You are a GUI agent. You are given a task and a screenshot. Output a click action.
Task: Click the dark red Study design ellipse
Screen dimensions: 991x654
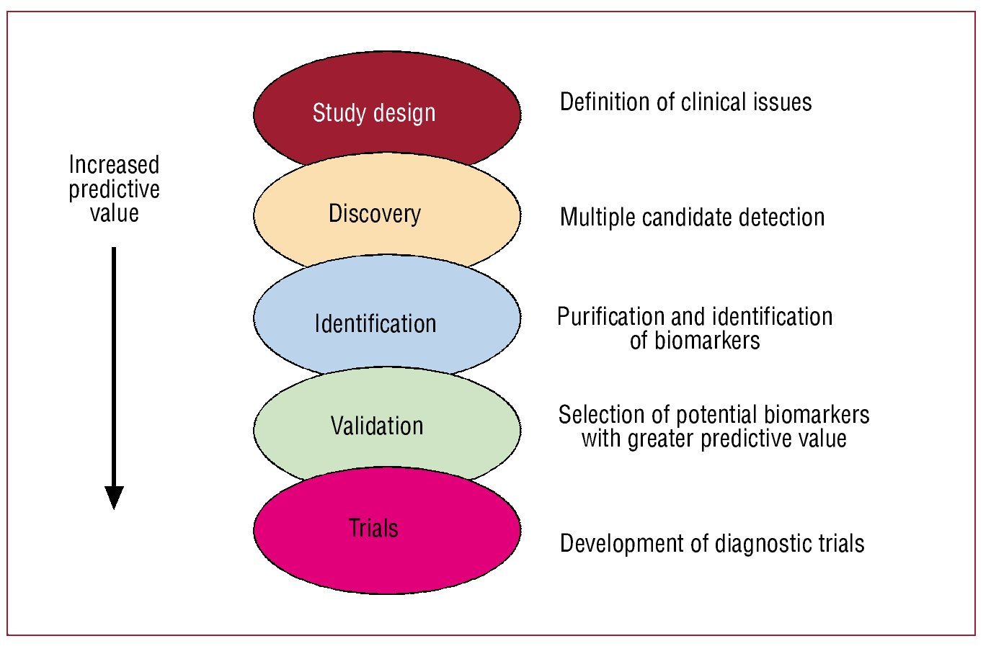(387, 106)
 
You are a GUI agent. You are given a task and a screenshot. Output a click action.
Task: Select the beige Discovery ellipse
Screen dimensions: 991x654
(387, 212)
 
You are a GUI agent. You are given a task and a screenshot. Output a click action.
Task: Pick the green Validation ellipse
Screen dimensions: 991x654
(387, 424)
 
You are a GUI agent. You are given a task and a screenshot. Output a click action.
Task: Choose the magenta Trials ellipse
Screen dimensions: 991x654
(387, 531)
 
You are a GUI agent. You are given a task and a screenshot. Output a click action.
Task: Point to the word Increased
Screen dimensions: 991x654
(114, 165)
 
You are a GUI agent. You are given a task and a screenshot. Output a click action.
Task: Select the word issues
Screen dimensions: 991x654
(783, 102)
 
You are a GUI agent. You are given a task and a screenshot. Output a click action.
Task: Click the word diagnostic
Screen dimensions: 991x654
(763, 544)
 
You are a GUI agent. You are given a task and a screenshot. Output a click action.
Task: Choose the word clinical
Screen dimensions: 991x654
(714, 102)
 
